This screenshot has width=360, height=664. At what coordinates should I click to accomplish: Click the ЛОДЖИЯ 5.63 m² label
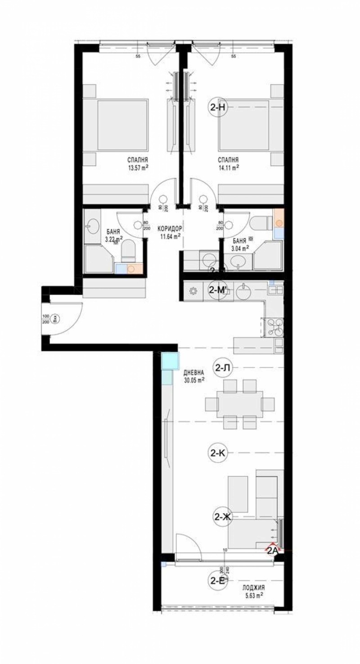coord(252,591)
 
